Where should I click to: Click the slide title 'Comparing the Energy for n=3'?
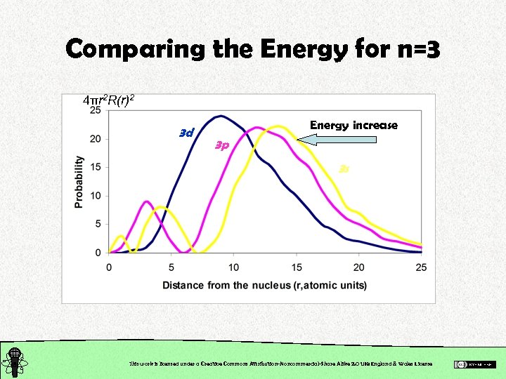pyautogui.click(x=253, y=49)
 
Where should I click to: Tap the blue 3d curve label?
pyautogui.click(x=186, y=132)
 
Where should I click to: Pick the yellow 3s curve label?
pyautogui.click(x=344, y=168)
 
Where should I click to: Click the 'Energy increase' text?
pyautogui.click(x=353, y=125)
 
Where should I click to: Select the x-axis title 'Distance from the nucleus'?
pyautogui.click(x=264, y=285)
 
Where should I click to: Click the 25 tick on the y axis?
pyautogui.click(x=94, y=111)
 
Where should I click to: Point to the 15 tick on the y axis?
pyautogui.click(x=94, y=167)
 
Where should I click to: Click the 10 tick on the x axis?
pyautogui.click(x=234, y=267)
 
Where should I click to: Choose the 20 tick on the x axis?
pyautogui.click(x=359, y=267)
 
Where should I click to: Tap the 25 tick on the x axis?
pyautogui.click(x=422, y=267)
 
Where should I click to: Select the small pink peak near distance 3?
pyautogui.click(x=147, y=201)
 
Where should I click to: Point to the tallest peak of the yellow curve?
pyautogui.click(x=279, y=126)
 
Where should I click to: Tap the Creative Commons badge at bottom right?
pyautogui.click(x=474, y=364)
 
